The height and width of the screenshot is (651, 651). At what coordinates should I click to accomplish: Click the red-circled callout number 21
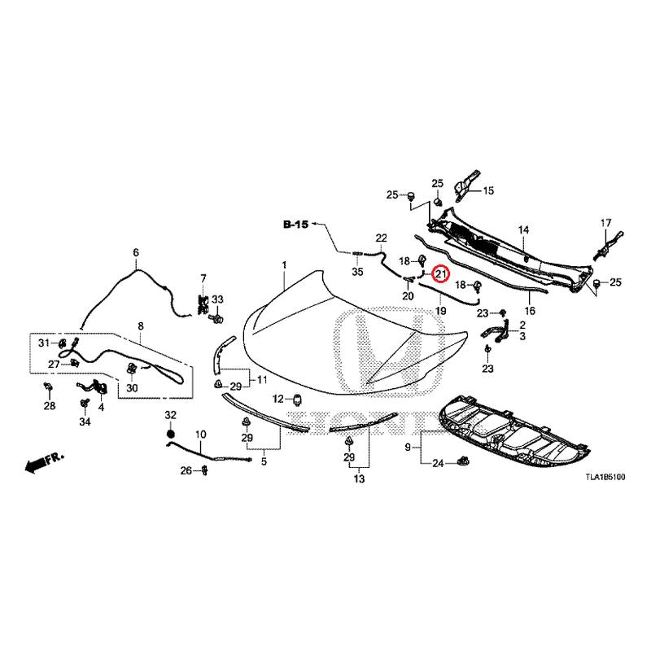pos(440,273)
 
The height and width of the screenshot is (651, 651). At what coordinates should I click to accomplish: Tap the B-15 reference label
pos(295,225)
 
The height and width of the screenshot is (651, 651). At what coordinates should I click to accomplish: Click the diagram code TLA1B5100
pos(605,478)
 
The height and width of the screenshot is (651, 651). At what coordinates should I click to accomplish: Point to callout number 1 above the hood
pos(284,264)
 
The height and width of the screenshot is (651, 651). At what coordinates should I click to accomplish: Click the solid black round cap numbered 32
pos(170,434)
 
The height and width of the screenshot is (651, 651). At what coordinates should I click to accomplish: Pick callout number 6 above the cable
pos(136,252)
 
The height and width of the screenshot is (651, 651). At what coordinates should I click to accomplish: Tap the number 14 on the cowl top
pos(523,229)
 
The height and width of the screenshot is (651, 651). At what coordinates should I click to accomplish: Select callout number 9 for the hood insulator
pos(408,447)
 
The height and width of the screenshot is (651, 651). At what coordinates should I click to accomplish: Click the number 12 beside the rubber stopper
pos(277,400)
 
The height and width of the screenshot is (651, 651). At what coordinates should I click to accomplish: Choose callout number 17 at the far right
pos(605,223)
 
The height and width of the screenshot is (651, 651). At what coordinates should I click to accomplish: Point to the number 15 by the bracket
pos(489,190)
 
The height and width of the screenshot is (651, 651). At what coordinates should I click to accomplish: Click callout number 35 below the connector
pos(357,272)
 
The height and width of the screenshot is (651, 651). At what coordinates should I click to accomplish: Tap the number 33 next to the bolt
pos(217,299)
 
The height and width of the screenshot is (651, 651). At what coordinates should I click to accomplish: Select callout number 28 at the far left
pos(50,405)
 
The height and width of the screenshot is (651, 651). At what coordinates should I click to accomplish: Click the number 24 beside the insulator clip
pos(439,463)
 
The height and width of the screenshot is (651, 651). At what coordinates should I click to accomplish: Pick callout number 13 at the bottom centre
pos(359,478)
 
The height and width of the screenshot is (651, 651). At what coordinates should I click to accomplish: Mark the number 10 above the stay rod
pos(200,435)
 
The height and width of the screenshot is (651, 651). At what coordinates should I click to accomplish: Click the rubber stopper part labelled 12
pos(297,400)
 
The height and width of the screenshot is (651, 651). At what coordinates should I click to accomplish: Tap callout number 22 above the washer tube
pos(381,238)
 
